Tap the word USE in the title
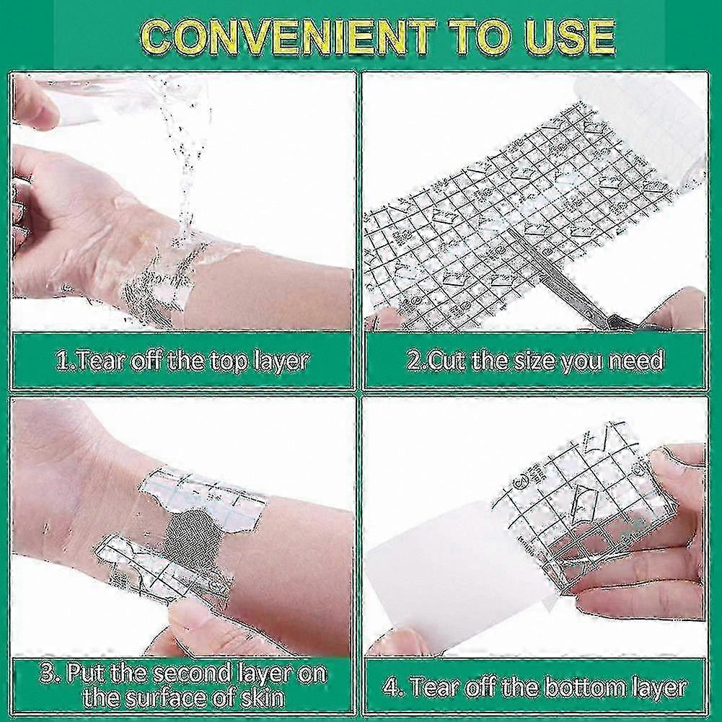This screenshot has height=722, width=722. coord(570,38)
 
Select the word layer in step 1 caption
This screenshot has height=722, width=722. coord(281,361)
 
